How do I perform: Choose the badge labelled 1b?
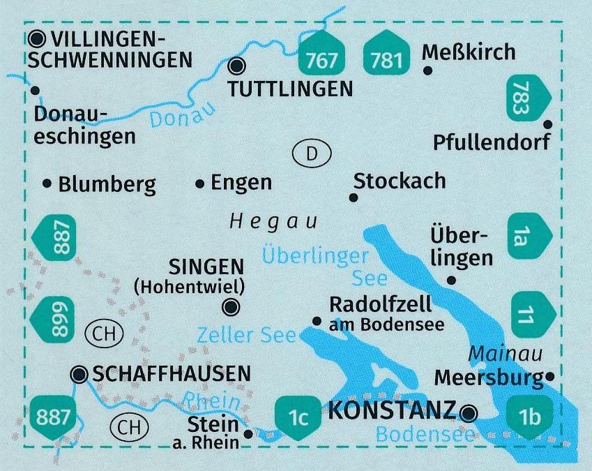pos(530,417)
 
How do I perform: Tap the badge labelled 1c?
pos(298,417)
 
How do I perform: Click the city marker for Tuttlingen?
pos(238,66)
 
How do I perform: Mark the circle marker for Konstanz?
pos(470,412)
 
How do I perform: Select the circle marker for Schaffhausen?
pos(79,375)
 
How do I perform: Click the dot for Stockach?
pos(354,198)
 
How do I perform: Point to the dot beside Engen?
pos(200,184)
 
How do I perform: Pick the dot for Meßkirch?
pos(428,70)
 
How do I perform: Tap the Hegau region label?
pos(273,223)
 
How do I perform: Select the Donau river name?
pos(180,116)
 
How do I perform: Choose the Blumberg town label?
pos(107,185)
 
